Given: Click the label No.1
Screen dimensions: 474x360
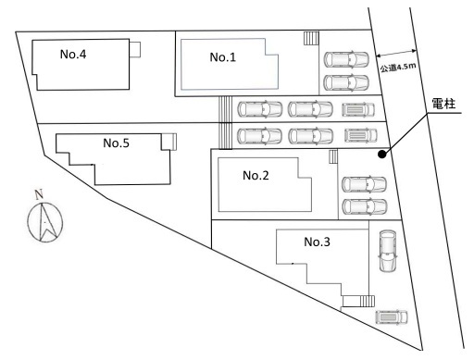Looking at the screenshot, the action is click(222, 57).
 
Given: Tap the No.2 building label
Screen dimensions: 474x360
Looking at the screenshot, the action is click(256, 176).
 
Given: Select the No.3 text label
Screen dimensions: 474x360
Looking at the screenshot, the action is click(317, 242).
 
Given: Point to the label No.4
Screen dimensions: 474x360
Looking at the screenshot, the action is click(73, 54).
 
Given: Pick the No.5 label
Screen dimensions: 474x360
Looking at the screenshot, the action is click(116, 143).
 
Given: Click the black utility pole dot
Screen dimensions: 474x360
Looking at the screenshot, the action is click(382, 155).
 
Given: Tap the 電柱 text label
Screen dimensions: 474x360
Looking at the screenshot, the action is click(443, 104).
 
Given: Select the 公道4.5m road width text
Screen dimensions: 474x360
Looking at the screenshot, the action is click(398, 68).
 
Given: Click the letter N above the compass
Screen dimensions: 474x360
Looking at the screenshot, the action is click(39, 195).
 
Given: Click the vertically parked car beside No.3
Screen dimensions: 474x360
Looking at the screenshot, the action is click(388, 251).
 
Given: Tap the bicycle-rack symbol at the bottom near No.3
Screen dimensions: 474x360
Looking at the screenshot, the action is click(392, 317).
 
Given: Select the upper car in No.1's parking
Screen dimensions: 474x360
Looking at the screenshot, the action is click(346, 59).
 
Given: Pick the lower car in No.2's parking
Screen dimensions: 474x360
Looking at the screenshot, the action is click(365, 206).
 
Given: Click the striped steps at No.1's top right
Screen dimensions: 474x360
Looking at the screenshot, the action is click(311, 39).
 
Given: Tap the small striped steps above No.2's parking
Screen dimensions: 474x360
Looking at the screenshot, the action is click(333, 156).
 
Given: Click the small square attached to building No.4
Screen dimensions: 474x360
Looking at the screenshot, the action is click(135, 49).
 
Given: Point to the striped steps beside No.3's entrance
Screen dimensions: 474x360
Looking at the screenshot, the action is click(368, 301).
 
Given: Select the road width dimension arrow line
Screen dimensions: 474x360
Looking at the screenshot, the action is click(396, 53).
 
